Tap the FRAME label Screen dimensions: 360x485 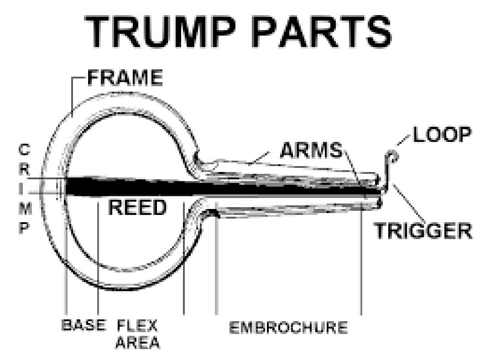coord(125,79)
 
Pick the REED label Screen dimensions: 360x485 coord(137,208)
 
